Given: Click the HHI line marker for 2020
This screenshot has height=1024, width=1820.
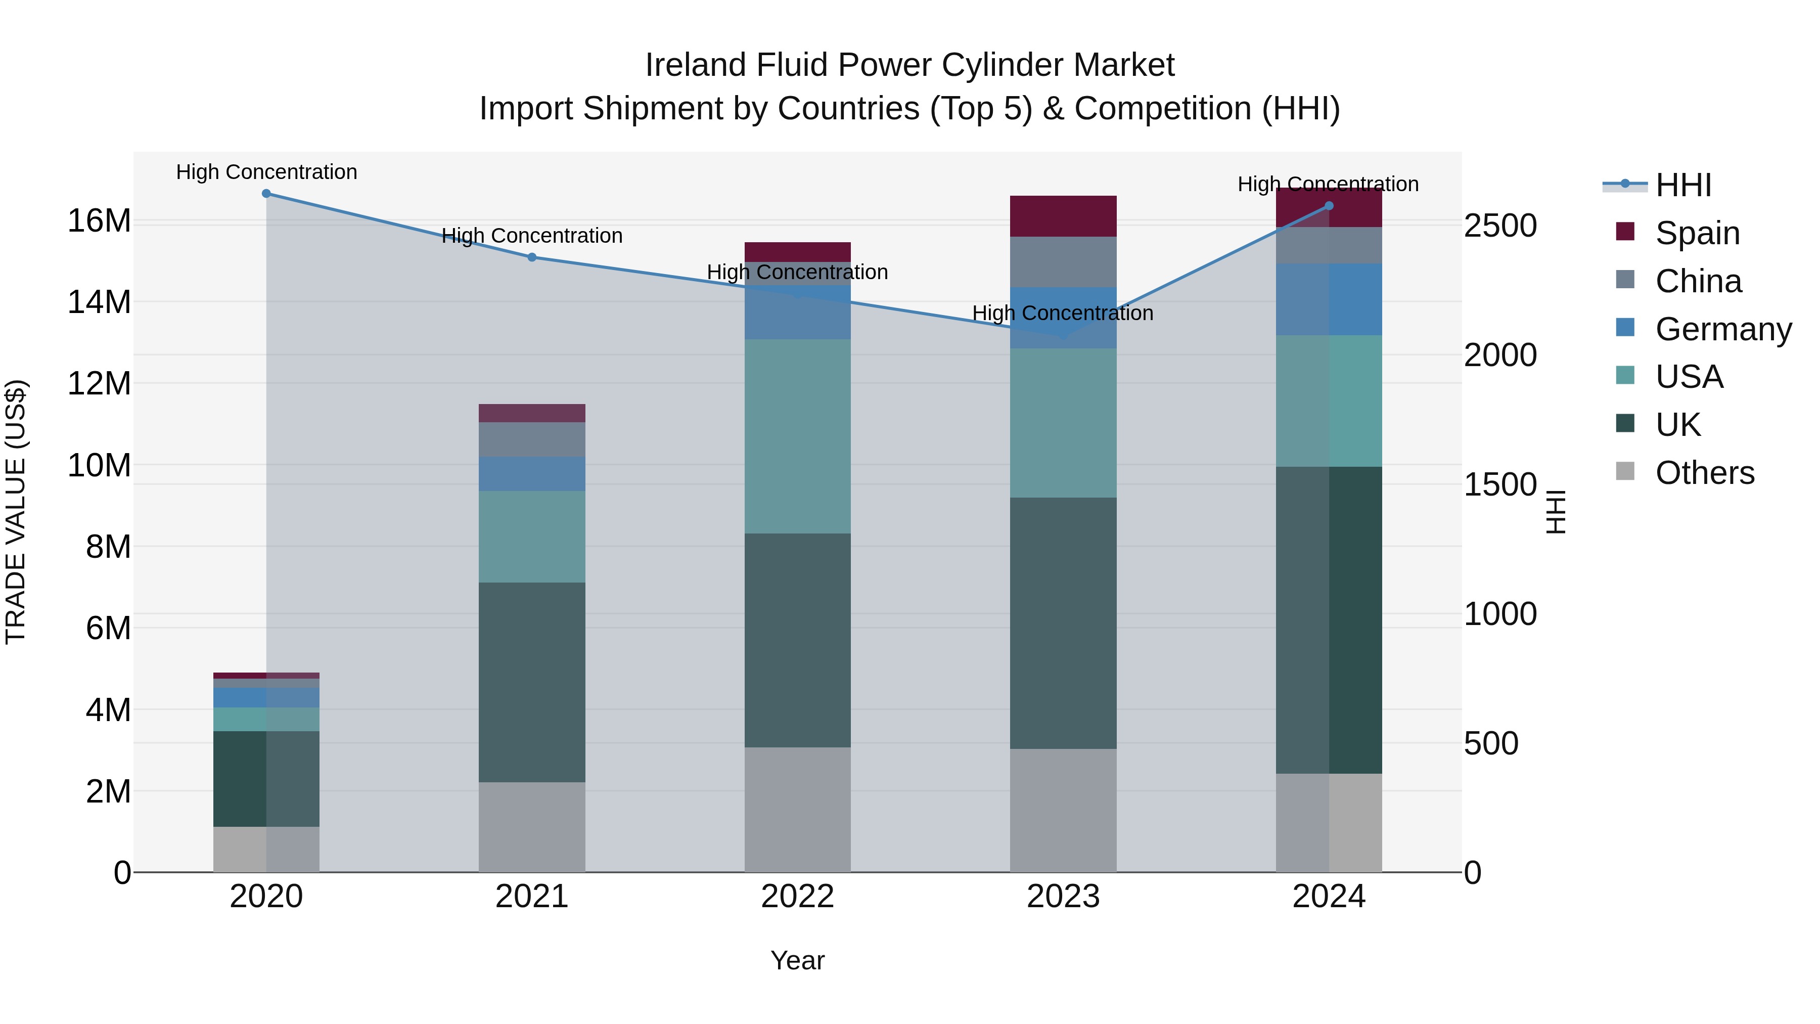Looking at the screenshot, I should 266,194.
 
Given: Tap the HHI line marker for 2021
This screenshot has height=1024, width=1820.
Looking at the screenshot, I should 532,257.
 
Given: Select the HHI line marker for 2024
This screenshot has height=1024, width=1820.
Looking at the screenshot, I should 1329,206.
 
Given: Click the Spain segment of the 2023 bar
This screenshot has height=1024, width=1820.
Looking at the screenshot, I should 1063,216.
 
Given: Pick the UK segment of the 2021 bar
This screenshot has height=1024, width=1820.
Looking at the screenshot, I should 532,682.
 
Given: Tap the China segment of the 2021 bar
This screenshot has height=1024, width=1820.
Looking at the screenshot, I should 532,439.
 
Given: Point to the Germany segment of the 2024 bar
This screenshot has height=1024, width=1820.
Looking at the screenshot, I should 1329,300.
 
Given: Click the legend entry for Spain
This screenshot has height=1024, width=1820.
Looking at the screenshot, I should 1697,233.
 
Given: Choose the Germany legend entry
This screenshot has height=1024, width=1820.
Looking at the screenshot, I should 1722,329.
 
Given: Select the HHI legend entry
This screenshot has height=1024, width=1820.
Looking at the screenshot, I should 1683,185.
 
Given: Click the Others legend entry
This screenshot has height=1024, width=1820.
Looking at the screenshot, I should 1704,473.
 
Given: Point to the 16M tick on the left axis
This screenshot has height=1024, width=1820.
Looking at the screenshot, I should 99,221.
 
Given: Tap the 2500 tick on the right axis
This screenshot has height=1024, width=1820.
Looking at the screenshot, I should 1500,226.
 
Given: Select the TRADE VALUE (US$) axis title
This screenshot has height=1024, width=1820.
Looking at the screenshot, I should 16,512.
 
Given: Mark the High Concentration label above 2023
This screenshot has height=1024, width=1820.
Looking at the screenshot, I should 1063,313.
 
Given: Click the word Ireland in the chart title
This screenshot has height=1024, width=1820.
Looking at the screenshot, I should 696,66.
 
